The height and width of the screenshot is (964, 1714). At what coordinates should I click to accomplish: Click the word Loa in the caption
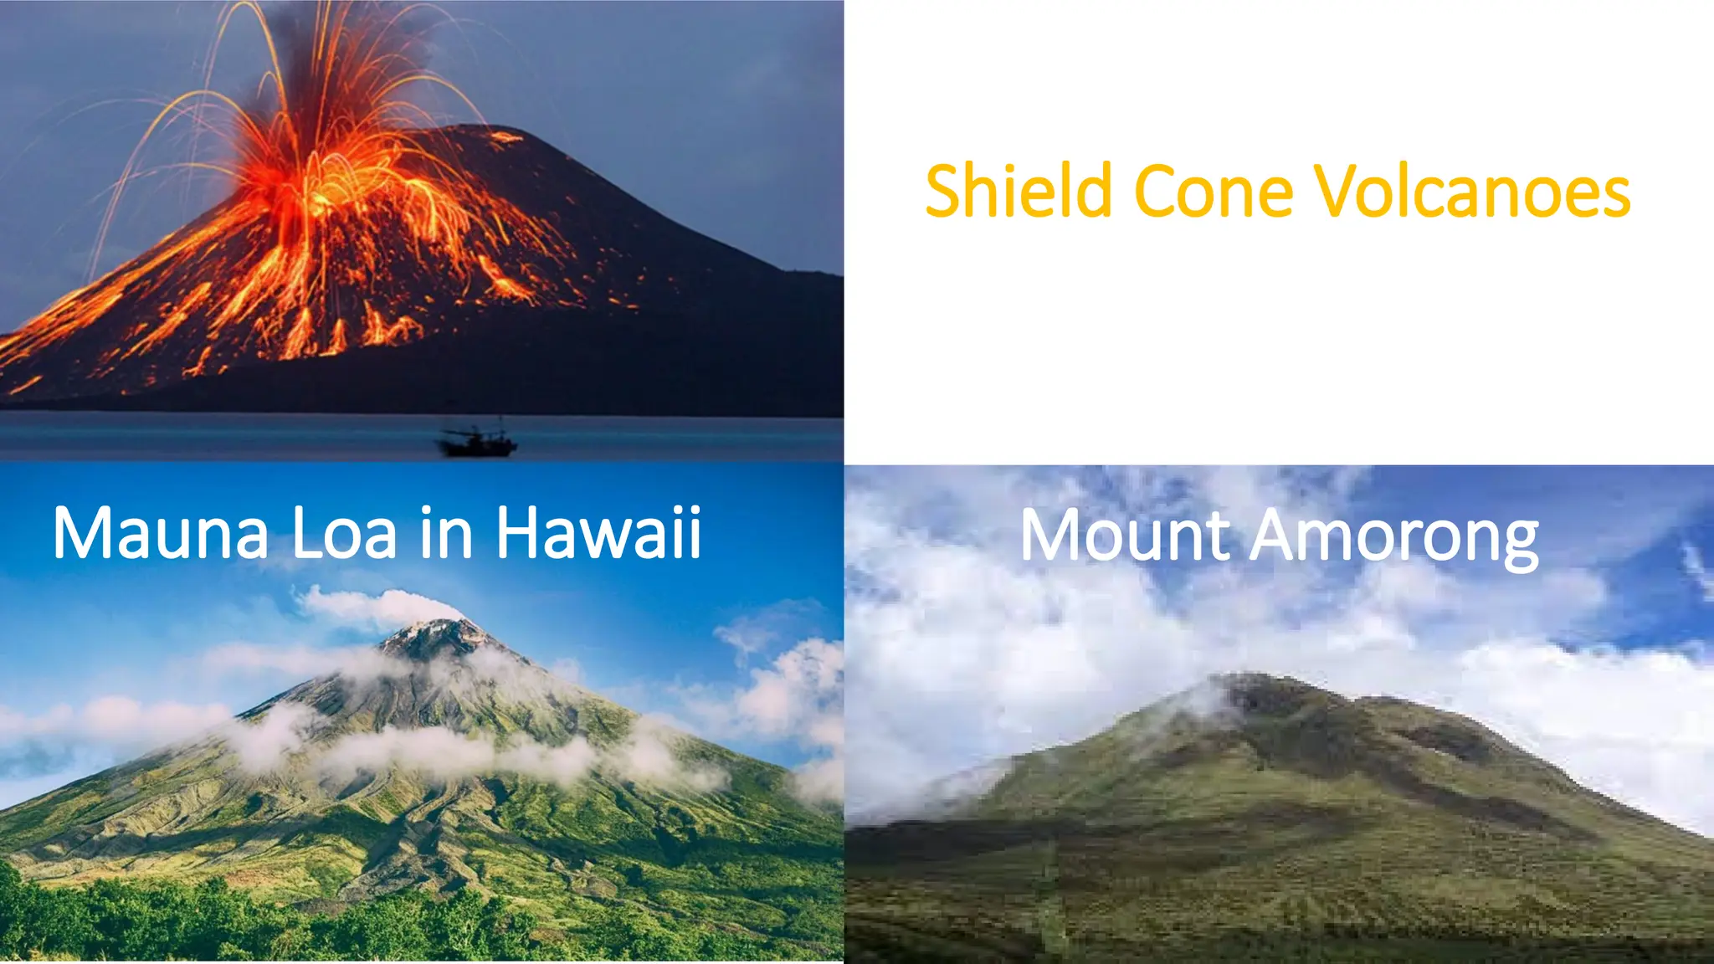(343, 533)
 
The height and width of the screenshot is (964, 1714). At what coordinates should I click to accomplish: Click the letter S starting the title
(944, 192)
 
